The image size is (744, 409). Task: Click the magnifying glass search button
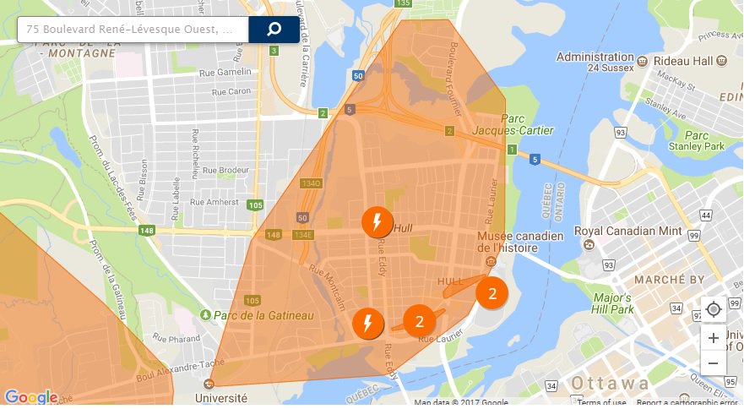tap(274, 30)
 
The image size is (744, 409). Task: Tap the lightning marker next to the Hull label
tap(377, 222)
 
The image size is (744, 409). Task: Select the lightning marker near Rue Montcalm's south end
tap(367, 324)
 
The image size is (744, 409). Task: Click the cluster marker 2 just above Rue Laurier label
tap(419, 320)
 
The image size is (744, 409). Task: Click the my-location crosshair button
tap(714, 309)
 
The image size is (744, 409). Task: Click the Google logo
tap(30, 397)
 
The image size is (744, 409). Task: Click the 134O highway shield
tap(312, 183)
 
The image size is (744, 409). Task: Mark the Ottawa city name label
tap(612, 383)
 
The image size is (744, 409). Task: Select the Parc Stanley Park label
tap(705, 140)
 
